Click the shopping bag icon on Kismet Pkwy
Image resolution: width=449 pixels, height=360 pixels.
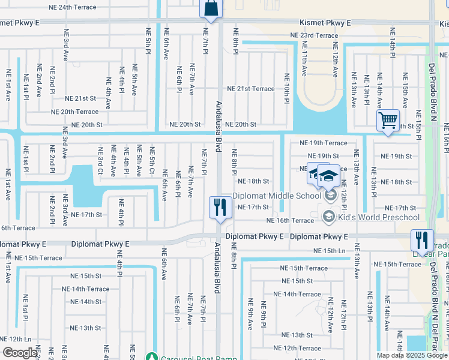(211, 8)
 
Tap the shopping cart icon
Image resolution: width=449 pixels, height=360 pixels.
(388, 121)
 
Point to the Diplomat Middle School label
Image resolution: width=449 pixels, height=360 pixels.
(277, 196)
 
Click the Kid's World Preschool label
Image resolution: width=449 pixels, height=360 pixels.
(379, 217)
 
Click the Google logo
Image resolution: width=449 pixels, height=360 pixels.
(20, 353)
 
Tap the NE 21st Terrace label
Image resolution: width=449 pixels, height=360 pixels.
(255, 89)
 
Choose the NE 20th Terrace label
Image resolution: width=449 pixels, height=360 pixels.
(74, 112)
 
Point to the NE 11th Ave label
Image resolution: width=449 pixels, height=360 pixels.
(304, 63)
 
